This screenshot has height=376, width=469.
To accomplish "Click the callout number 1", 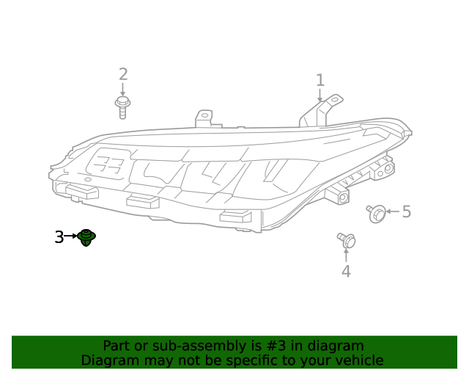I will pos(320,79).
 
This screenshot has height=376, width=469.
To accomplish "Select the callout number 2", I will pos(123,74).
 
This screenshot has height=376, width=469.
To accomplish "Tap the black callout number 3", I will pos(59,237).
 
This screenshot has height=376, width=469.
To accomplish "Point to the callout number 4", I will pos(345,272).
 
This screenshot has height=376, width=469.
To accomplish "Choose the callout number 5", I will pos(406,212).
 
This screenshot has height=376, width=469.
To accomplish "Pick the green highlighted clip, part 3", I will pos(87,237).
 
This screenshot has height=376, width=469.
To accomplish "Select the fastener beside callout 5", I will pos(377,213).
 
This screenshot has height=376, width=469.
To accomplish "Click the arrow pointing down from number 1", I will pos(320,95).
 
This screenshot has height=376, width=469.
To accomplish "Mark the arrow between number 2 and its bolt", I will pos(123,89).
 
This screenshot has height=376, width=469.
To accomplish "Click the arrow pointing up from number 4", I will pos(346,256).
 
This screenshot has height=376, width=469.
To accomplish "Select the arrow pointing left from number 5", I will pos(393,212).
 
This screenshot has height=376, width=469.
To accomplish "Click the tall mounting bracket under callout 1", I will pos(321,111).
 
